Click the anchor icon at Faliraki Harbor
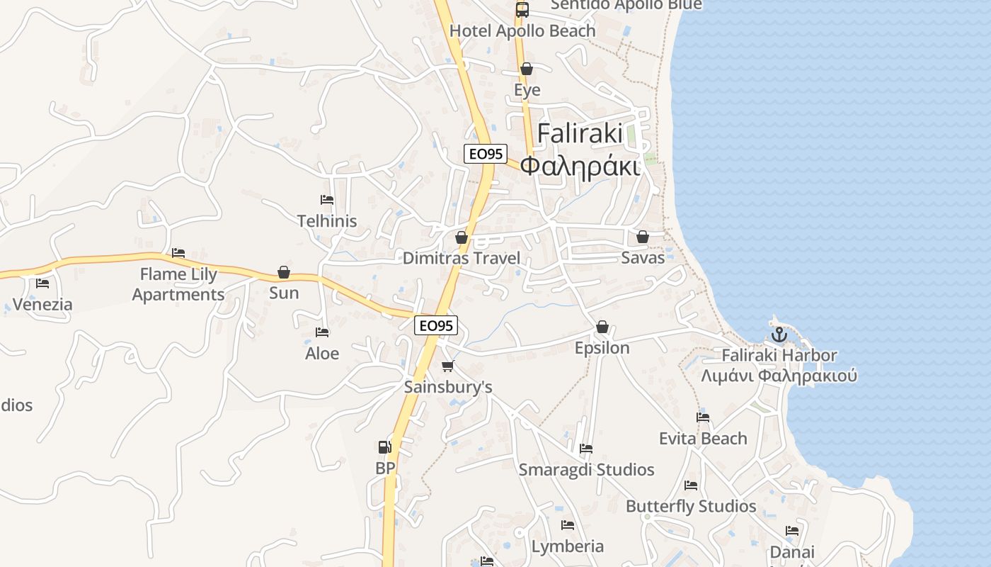[779, 334]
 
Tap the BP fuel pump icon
[384, 447]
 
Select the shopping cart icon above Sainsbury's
[447, 366]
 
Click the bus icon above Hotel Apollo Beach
[522, 10]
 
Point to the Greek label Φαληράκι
[580, 166]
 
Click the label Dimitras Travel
[461, 258]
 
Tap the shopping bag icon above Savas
[643, 237]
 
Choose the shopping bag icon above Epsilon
[602, 327]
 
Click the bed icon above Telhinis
[326, 200]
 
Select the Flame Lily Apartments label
[178, 284]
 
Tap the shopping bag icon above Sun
[284, 272]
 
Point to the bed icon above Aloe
[322, 332]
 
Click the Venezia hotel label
[42, 305]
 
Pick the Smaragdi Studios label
[586, 470]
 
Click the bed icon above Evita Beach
[703, 417]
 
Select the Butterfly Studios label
[691, 506]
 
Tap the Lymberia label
[568, 546]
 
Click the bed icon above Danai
[792, 531]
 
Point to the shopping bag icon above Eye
[527, 69]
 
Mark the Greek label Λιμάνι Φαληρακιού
[779, 376]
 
